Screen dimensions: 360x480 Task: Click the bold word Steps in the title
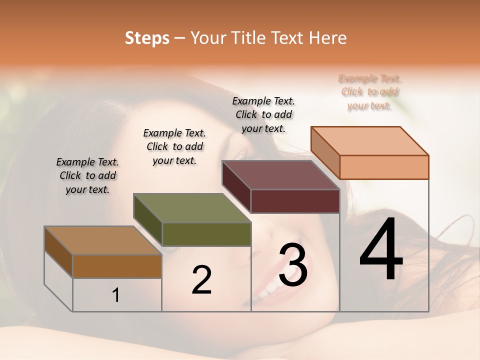(x=146, y=37)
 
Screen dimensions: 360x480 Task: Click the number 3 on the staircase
(x=293, y=265)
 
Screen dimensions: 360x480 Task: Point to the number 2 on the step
(x=201, y=280)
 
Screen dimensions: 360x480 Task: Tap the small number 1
(x=115, y=295)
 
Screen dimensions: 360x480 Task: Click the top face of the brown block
(x=102, y=240)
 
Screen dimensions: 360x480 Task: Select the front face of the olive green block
(x=206, y=234)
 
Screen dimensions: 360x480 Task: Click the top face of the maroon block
(x=280, y=175)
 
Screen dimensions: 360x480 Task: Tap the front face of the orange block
(x=384, y=167)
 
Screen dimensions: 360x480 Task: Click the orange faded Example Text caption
(x=369, y=92)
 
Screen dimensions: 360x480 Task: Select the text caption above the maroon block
(x=263, y=114)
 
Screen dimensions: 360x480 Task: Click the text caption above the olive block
(x=174, y=146)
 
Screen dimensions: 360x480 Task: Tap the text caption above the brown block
(x=87, y=175)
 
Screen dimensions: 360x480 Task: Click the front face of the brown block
(x=117, y=266)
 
